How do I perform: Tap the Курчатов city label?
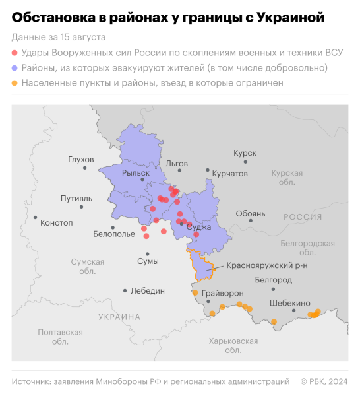229,173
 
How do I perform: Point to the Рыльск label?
135,173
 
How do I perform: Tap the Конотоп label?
56,222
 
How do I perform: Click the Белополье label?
113,234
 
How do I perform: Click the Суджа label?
198,226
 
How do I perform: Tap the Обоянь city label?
251,213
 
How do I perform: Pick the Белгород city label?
273,280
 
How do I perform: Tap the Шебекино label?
289,303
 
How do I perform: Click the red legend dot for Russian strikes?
15,51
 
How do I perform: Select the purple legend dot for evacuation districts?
15,67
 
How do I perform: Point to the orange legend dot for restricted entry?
15,83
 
